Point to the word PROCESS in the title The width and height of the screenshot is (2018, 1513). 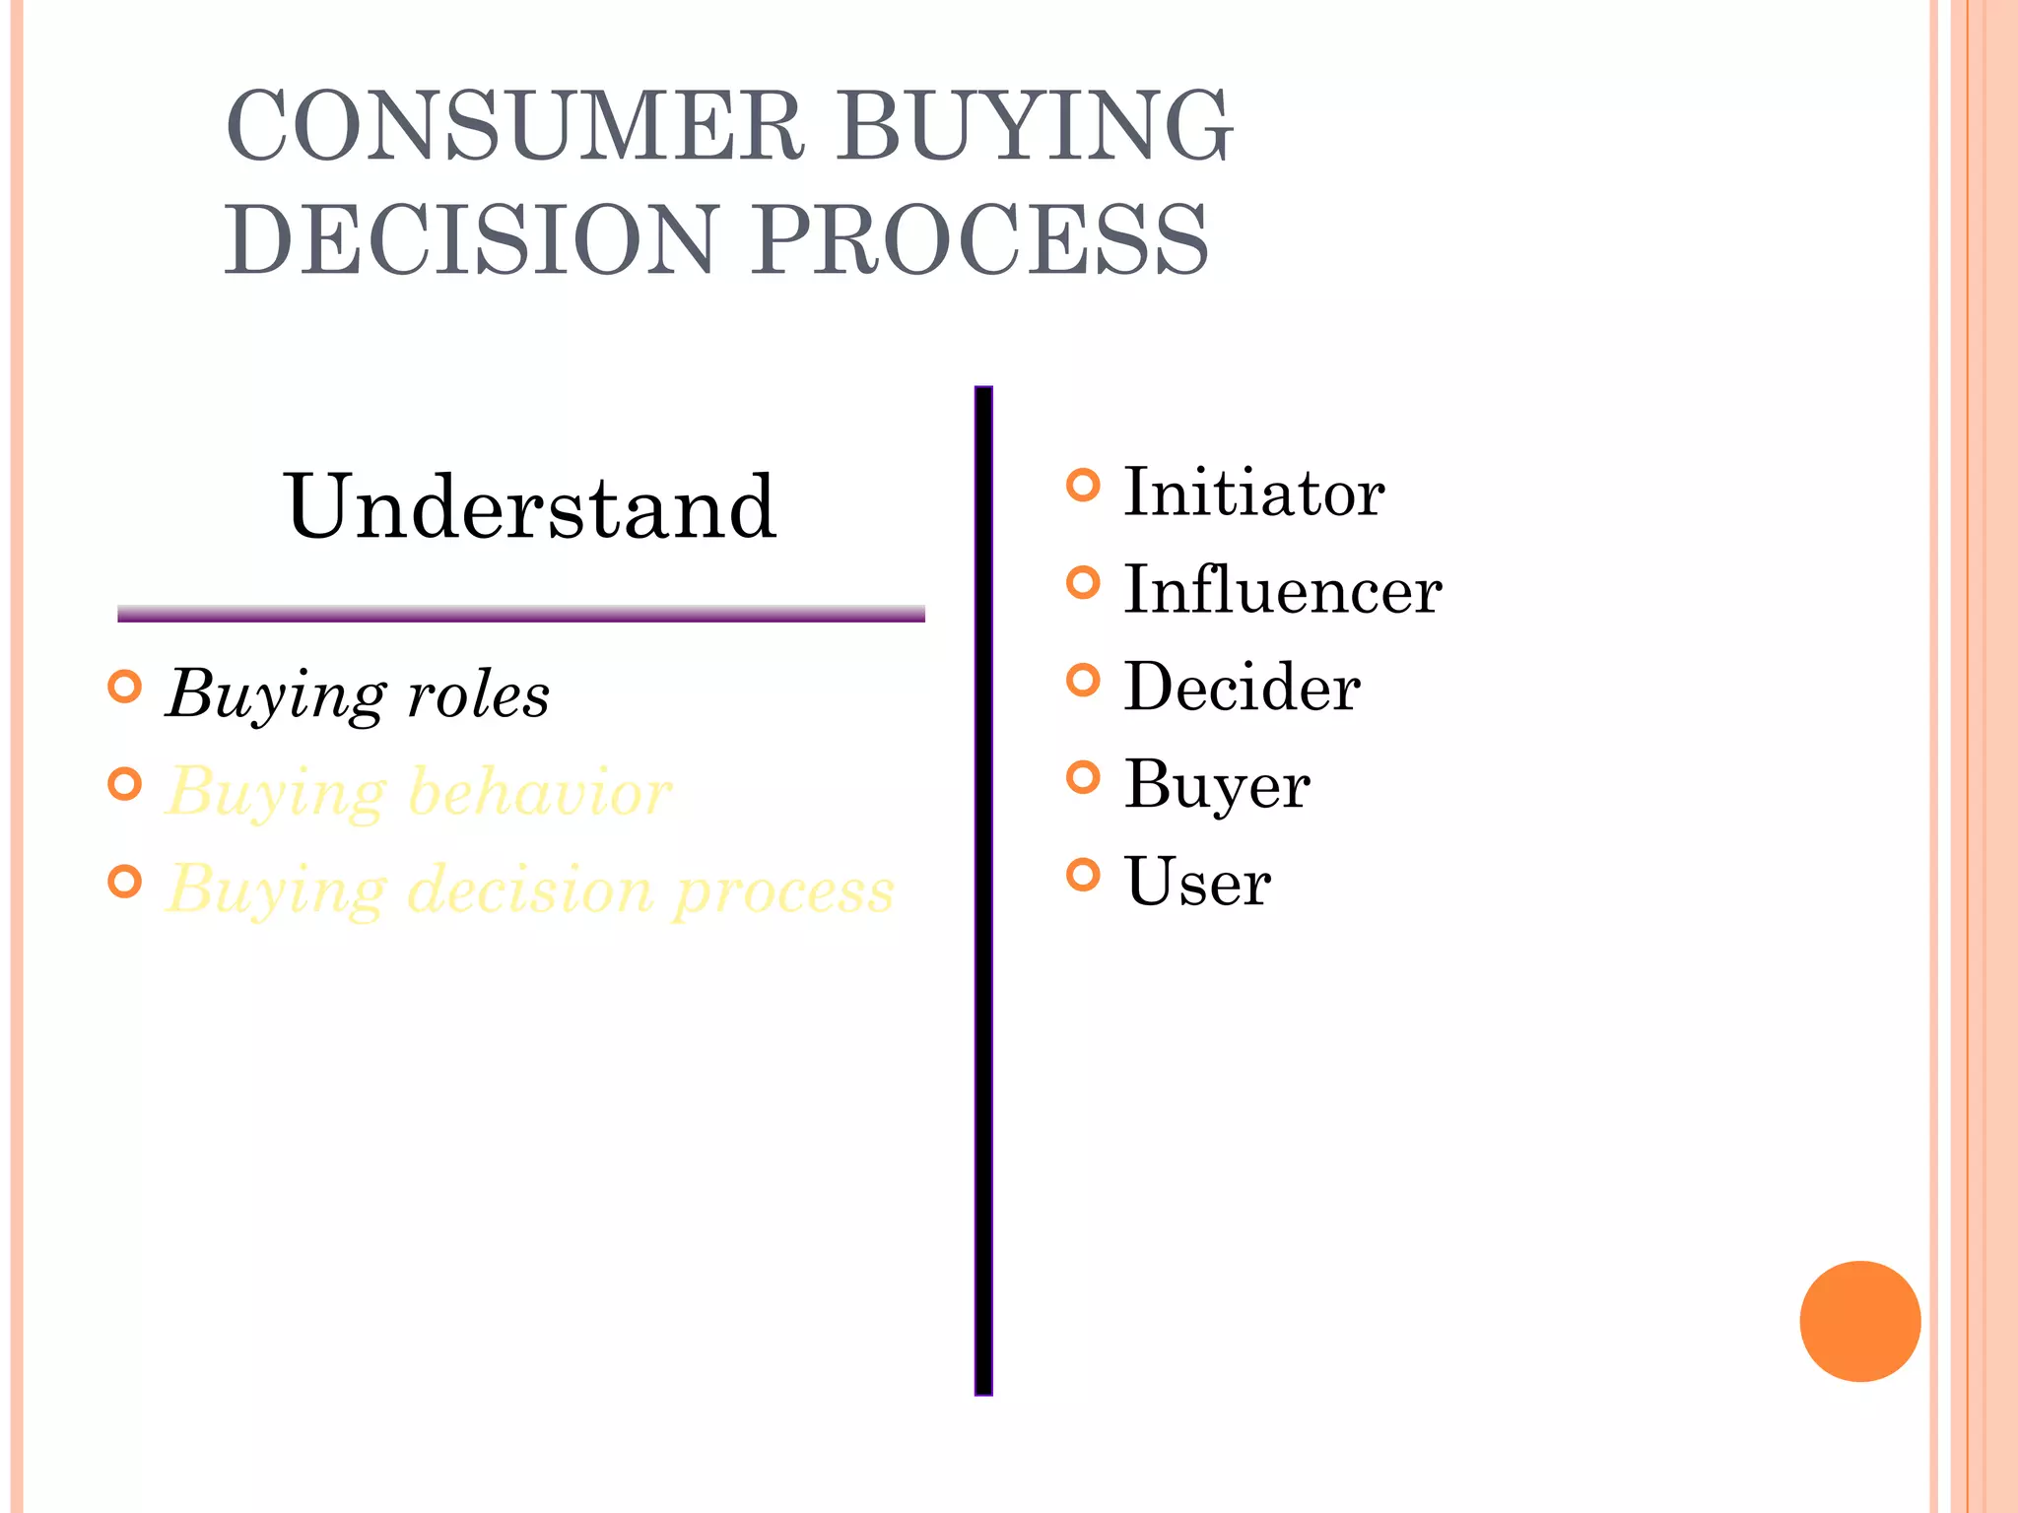point(981,239)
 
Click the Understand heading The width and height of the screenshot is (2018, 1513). point(530,506)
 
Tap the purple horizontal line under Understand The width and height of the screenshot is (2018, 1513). point(520,615)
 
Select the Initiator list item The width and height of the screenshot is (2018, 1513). point(1253,493)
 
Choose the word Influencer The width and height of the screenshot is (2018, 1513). point(1283,590)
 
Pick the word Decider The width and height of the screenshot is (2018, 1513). point(1242,687)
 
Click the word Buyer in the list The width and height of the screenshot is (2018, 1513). point(1217,785)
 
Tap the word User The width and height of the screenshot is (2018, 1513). point(1197,882)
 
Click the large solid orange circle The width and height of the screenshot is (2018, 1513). point(1859,1321)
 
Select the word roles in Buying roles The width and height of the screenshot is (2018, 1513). point(478,695)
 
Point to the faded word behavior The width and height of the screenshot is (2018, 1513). point(539,792)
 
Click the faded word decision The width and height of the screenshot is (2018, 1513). point(530,889)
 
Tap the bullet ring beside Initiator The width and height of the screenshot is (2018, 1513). point(1083,485)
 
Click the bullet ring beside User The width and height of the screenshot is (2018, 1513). point(1083,874)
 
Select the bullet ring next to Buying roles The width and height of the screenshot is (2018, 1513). point(125,687)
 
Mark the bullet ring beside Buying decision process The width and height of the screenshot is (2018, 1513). point(125,881)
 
